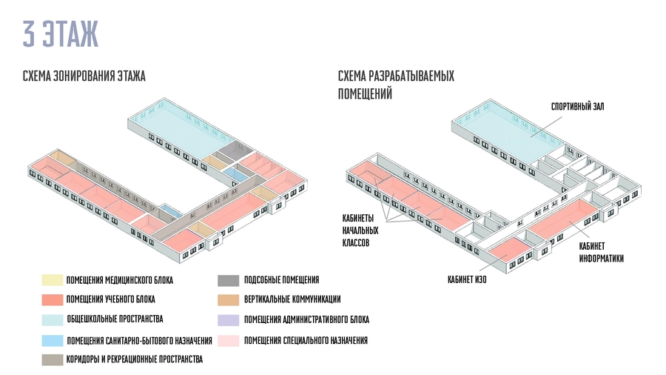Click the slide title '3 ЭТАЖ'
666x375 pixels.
point(60,35)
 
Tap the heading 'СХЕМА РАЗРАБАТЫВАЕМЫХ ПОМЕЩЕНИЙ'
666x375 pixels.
point(395,85)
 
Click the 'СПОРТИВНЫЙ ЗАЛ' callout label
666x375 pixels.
point(577,107)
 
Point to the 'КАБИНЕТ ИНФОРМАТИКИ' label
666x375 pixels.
point(601,253)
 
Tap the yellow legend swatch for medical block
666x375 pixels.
point(52,280)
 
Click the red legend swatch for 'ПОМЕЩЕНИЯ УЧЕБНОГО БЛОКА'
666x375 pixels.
point(52,300)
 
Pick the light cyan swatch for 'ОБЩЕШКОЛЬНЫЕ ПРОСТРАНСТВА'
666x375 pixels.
point(52,319)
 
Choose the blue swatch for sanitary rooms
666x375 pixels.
point(52,340)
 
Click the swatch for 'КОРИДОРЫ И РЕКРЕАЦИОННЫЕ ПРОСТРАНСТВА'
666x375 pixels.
point(52,359)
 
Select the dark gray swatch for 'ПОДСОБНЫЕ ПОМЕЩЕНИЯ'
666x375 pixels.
point(228,280)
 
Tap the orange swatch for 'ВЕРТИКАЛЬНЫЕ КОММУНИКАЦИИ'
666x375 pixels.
point(228,299)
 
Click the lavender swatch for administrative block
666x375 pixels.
point(228,319)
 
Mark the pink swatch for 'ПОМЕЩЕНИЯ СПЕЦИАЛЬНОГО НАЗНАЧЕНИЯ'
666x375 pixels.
point(228,340)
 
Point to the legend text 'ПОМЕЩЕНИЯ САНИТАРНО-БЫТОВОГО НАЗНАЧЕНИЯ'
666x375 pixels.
point(139,340)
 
